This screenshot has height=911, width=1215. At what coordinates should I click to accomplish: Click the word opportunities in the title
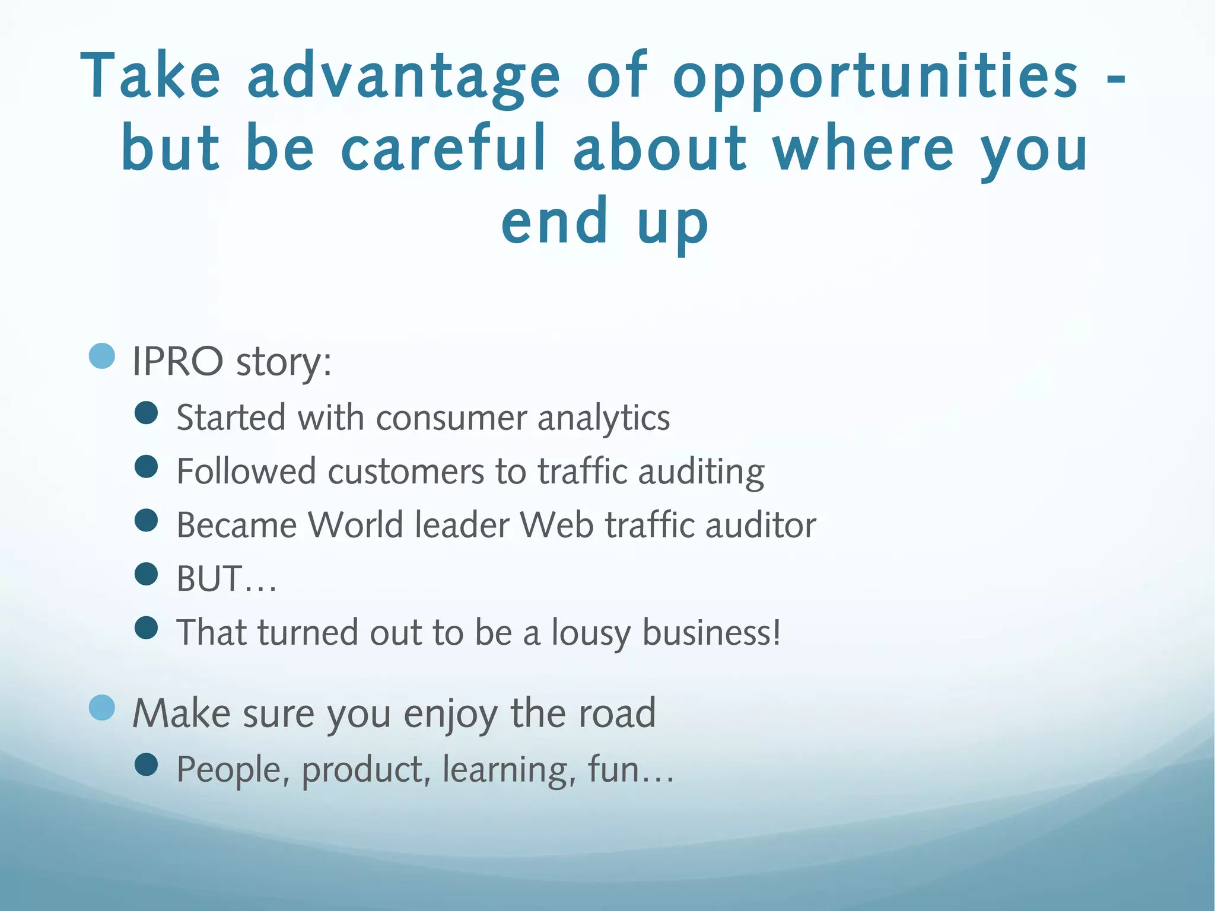(875, 77)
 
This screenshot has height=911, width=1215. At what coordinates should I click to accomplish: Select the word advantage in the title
(403, 77)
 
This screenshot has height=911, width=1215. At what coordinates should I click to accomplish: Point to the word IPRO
(177, 361)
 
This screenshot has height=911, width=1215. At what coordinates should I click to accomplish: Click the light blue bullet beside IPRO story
(101, 356)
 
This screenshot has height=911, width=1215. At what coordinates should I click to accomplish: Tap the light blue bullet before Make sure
(101, 707)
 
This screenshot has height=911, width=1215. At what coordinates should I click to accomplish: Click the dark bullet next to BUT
(146, 574)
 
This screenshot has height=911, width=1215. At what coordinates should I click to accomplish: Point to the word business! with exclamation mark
(711, 633)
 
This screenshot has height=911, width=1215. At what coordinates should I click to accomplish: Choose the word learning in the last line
(509, 770)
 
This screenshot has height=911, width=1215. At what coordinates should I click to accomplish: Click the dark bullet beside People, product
(146, 765)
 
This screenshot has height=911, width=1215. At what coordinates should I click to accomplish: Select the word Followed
(246, 472)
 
